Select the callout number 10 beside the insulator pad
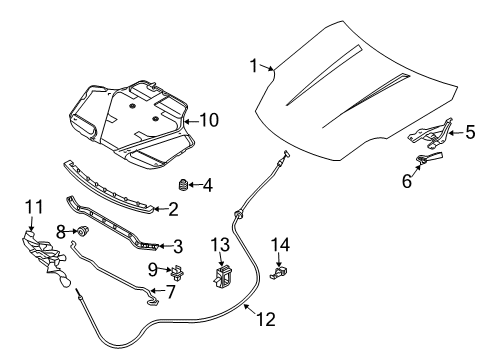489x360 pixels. pyautogui.click(x=208, y=119)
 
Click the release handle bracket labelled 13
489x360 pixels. pyautogui.click(x=222, y=274)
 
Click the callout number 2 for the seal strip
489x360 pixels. pyautogui.click(x=172, y=209)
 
